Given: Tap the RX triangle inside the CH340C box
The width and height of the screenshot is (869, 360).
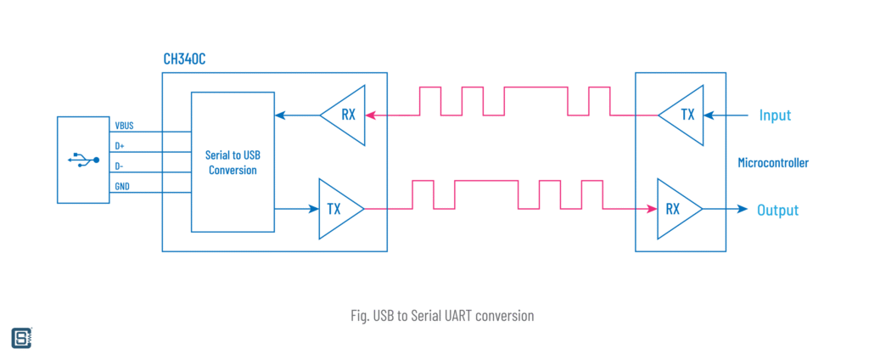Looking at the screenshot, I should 343,115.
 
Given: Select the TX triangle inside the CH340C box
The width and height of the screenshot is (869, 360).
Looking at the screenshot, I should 338,209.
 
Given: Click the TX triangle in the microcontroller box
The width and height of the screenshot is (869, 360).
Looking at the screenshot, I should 684,115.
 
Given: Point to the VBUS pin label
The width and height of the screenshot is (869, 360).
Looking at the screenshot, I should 124,126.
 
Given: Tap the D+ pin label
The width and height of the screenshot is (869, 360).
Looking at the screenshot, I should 120,146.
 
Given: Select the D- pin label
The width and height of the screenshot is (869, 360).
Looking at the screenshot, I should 120,166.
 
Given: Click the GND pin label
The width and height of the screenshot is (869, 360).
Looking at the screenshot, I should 122,187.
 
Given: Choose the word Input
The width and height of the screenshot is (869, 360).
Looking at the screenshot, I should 774,115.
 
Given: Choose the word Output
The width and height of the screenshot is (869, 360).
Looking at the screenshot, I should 777,210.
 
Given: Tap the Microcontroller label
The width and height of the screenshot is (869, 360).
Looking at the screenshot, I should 773,162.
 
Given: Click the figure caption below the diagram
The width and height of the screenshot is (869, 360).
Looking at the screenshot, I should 441,315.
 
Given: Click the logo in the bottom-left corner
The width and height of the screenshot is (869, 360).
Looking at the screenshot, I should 21,337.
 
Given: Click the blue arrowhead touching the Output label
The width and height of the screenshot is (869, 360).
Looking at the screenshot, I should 743,209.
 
